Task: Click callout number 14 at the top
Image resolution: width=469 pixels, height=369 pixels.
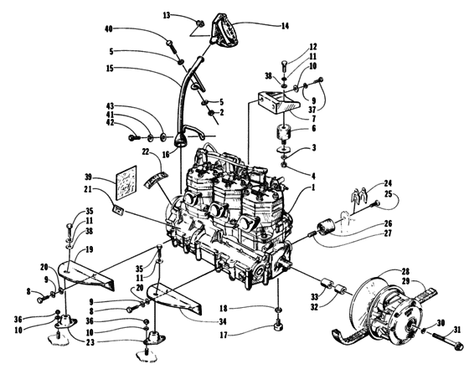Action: click(x=285, y=25)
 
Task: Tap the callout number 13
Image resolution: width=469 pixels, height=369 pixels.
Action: click(x=167, y=15)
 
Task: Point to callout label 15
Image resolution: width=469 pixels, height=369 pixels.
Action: click(x=135, y=69)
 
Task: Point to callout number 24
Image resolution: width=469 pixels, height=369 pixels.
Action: click(x=388, y=182)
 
